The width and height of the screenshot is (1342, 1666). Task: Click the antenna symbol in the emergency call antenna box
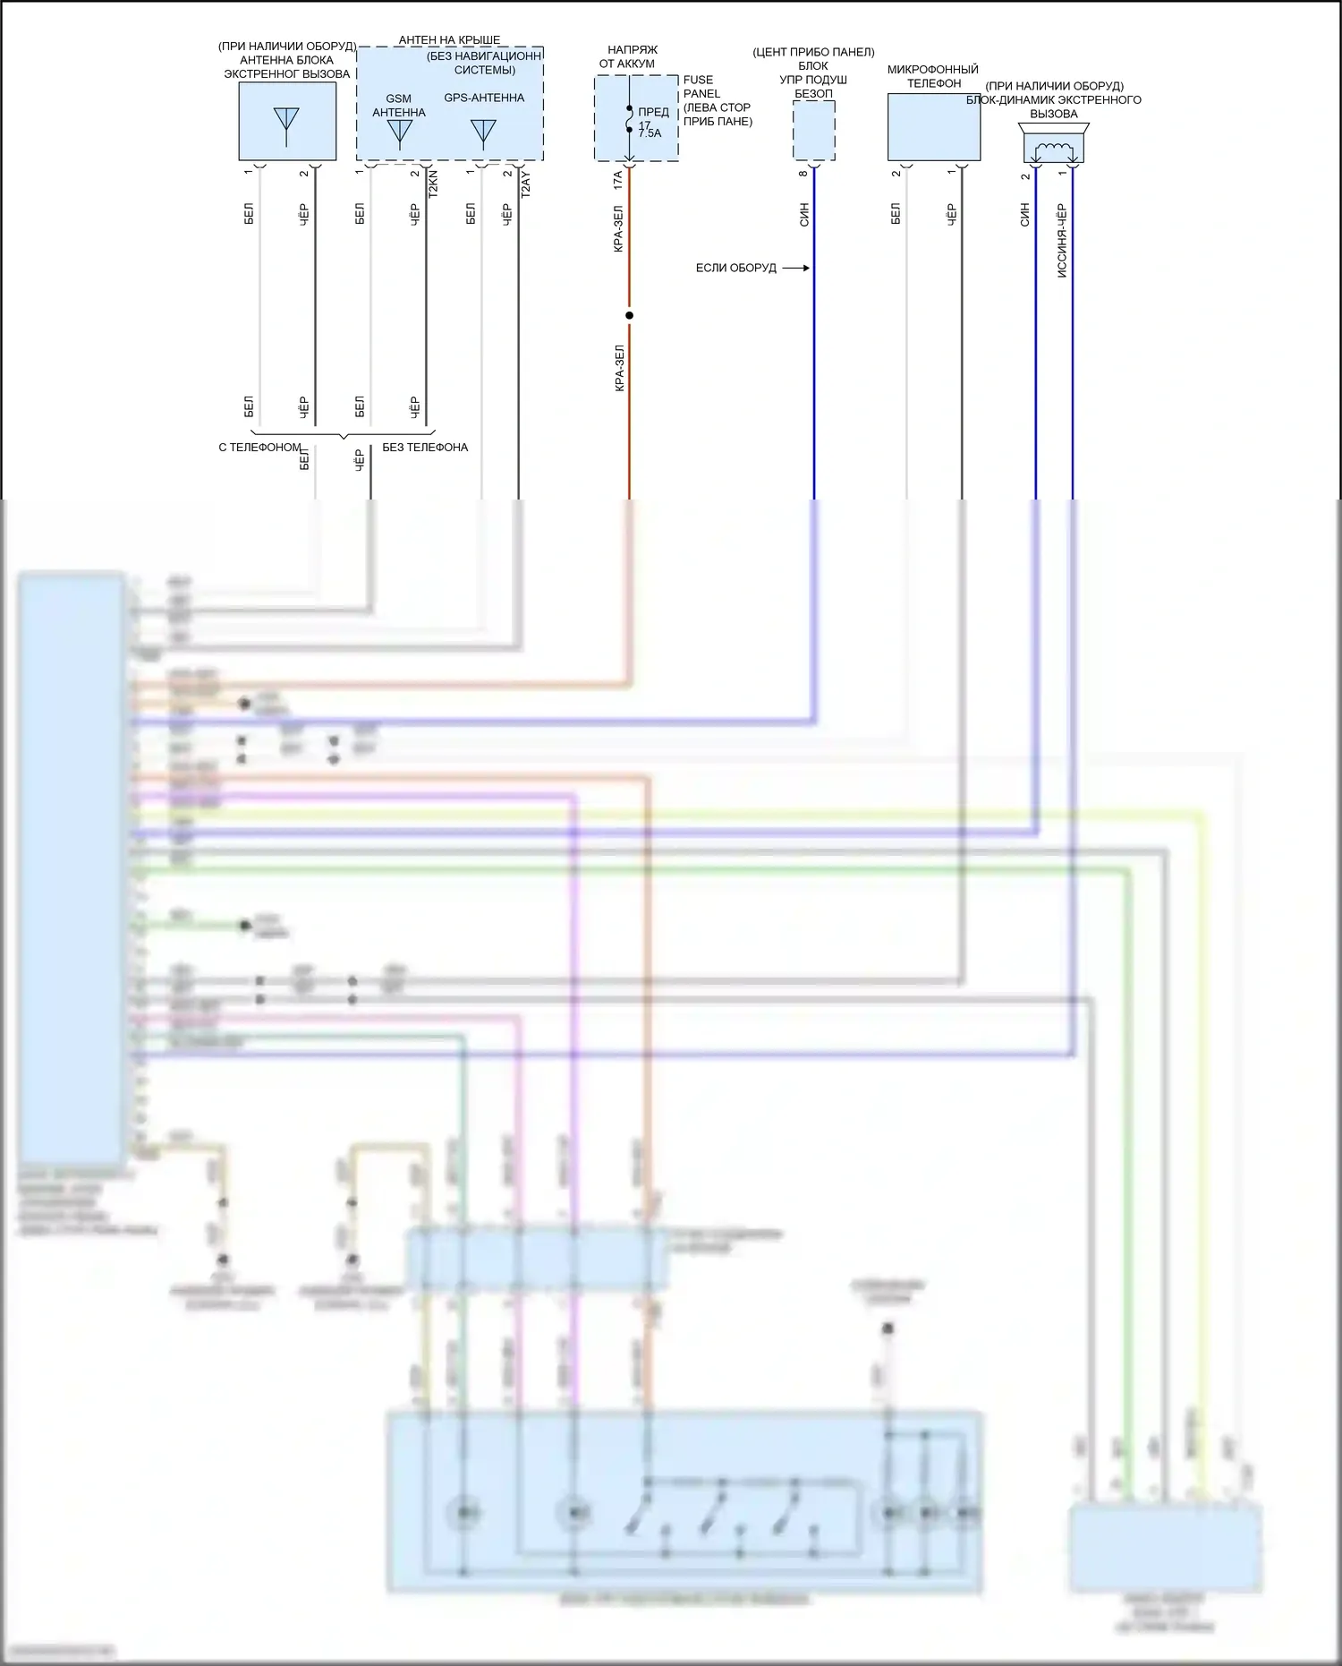[286, 124]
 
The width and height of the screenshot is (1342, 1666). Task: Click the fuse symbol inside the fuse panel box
[630, 119]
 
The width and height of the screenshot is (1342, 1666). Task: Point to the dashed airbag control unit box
[814, 131]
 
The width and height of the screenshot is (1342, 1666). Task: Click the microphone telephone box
[933, 127]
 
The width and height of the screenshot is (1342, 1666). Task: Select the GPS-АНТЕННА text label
[484, 98]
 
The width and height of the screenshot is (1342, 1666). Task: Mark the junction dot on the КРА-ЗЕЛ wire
[629, 315]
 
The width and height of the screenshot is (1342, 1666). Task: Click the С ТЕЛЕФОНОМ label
[259, 448]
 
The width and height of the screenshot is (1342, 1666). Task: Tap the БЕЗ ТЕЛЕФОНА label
[425, 448]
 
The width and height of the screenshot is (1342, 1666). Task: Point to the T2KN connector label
[434, 183]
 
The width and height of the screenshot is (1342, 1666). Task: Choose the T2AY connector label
[526, 184]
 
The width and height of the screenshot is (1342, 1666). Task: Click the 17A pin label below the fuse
[617, 180]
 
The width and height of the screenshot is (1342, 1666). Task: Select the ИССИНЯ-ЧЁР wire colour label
[1062, 240]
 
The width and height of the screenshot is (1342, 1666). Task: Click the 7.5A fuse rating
[650, 133]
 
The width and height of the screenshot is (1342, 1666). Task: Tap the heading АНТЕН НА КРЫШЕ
[449, 40]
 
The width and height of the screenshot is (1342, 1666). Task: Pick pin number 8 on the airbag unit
[803, 174]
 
